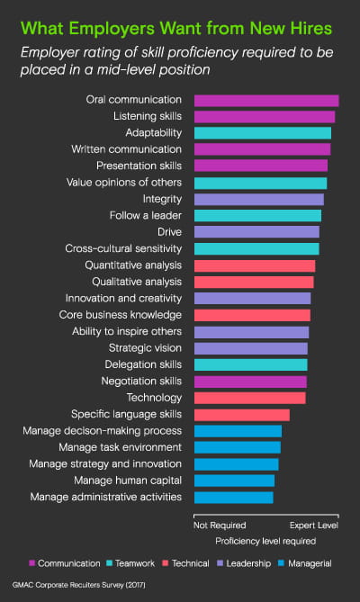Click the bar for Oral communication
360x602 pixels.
[266, 100]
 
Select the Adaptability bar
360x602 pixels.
[263, 133]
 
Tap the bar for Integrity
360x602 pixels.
[259, 199]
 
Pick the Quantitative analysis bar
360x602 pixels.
[255, 265]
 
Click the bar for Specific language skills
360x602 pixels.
[242, 414]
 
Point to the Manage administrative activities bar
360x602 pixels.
[234, 497]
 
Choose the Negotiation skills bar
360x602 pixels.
[250, 382]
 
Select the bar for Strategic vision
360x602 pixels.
[251, 348]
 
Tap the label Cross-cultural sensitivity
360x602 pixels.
[123, 248]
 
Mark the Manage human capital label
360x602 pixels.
[131, 481]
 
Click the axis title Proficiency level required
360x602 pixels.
[265, 542]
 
